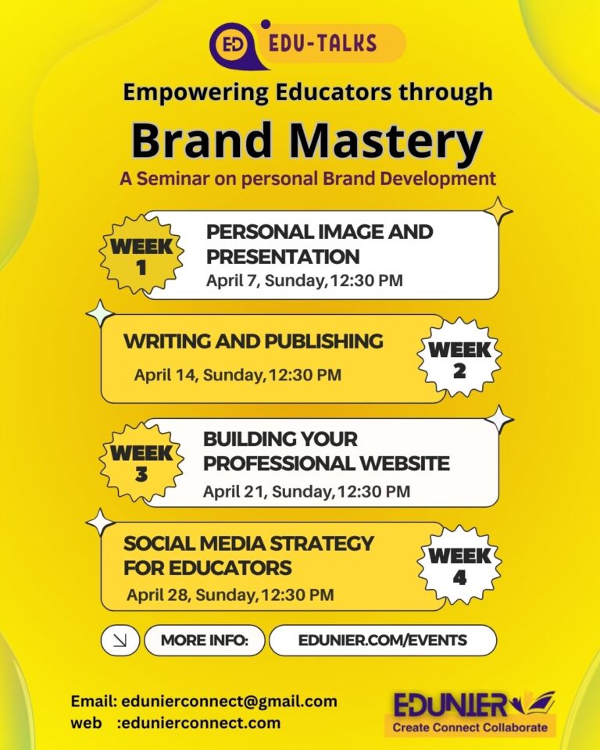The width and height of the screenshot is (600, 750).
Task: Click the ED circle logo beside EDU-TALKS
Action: (234, 45)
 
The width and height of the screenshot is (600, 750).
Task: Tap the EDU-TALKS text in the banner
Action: (323, 44)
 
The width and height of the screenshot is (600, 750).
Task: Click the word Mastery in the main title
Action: (386, 141)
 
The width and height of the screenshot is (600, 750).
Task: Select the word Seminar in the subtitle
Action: (173, 178)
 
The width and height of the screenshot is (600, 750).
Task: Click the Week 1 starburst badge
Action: (141, 254)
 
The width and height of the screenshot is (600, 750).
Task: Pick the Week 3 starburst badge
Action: (141, 462)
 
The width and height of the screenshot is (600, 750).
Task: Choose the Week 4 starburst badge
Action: (459, 564)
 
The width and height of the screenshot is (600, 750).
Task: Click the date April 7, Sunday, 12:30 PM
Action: (305, 280)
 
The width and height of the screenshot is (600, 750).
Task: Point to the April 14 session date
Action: (237, 375)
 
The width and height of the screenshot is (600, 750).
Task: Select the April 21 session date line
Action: (307, 491)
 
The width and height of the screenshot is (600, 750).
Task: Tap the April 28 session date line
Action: (230, 595)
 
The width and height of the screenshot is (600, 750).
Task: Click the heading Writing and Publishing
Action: (253, 341)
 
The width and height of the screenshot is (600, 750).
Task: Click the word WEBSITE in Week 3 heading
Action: (405, 463)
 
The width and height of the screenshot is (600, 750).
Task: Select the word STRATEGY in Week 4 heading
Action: (322, 544)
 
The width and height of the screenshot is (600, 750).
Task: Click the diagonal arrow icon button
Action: (120, 640)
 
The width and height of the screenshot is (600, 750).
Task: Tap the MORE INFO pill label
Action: (205, 641)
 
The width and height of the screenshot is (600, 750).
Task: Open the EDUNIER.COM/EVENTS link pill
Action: (383, 641)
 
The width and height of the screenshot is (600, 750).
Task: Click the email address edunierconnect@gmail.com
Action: (229, 702)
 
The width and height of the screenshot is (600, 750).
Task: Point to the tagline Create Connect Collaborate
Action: (470, 727)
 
